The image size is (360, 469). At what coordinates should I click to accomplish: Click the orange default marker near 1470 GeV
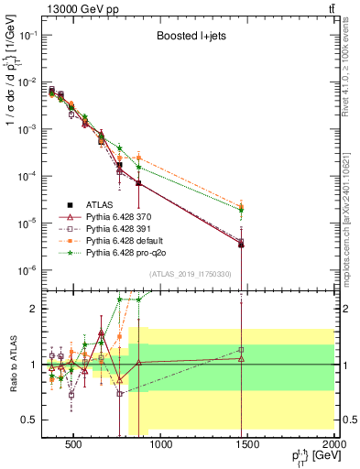pyautogui.click(x=241, y=206)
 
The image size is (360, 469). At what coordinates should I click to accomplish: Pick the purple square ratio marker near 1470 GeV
pyautogui.click(x=241, y=349)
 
